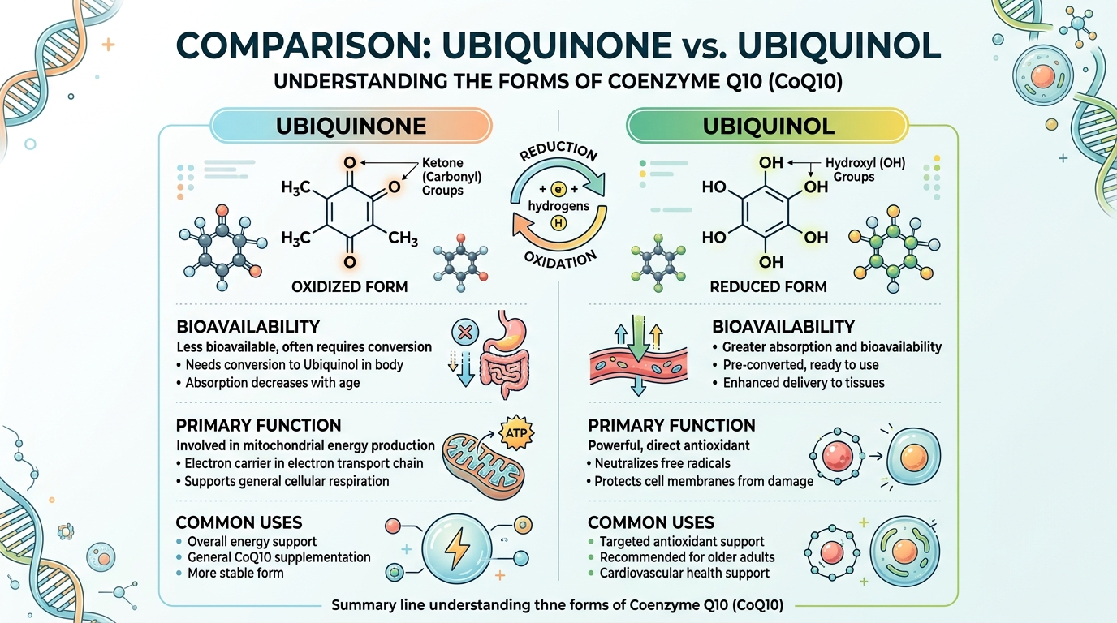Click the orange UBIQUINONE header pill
(351, 127)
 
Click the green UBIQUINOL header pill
(766, 127)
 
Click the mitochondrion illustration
(478, 459)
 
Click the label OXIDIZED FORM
(349, 286)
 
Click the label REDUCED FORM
(768, 286)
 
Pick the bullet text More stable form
(235, 573)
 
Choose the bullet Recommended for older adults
(687, 557)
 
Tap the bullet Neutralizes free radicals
(663, 463)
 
